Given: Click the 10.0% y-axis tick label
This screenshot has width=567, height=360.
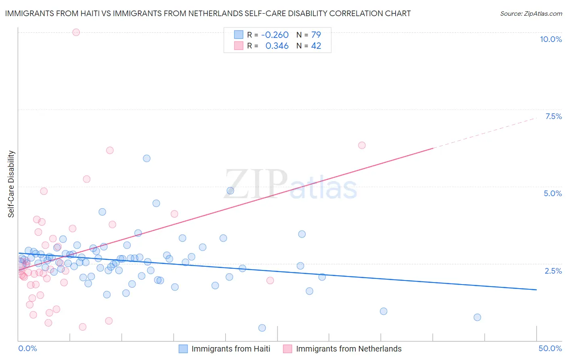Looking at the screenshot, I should coord(551,39).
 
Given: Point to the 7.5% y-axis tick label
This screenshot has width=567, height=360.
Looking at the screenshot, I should coord(553,116).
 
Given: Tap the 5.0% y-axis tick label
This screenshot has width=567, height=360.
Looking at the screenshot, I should coord(552,193).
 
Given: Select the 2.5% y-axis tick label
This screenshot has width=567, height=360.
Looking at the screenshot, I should coord(553,271).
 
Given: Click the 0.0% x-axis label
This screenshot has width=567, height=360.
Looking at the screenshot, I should coord(27,348).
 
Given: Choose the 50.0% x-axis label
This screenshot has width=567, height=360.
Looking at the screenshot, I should coord(550,348).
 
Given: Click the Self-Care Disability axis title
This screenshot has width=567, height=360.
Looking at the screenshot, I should coord(11,184).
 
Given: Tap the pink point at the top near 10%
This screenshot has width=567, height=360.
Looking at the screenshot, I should coord(76,32).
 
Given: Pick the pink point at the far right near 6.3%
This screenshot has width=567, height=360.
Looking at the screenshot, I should coord(362,145).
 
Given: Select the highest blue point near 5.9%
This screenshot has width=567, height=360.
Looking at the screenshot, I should coord(147,158).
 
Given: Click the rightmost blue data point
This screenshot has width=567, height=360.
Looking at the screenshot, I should coord(477,317).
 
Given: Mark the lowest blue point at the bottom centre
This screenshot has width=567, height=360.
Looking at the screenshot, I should coord(262,328).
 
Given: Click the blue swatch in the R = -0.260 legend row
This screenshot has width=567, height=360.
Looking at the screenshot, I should coord(239,35).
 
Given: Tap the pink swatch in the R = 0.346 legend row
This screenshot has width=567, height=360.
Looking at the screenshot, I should coord(239,46).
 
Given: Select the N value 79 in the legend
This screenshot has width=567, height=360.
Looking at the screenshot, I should coord(316,35).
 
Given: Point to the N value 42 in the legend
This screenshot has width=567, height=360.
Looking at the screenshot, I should coord(316,46).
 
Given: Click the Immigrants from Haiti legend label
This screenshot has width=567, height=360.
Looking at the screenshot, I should coord(231,349).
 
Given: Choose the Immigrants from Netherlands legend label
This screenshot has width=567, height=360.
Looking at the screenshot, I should coord(349,349).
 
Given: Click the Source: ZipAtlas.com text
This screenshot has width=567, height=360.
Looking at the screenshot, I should coord(531,13).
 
